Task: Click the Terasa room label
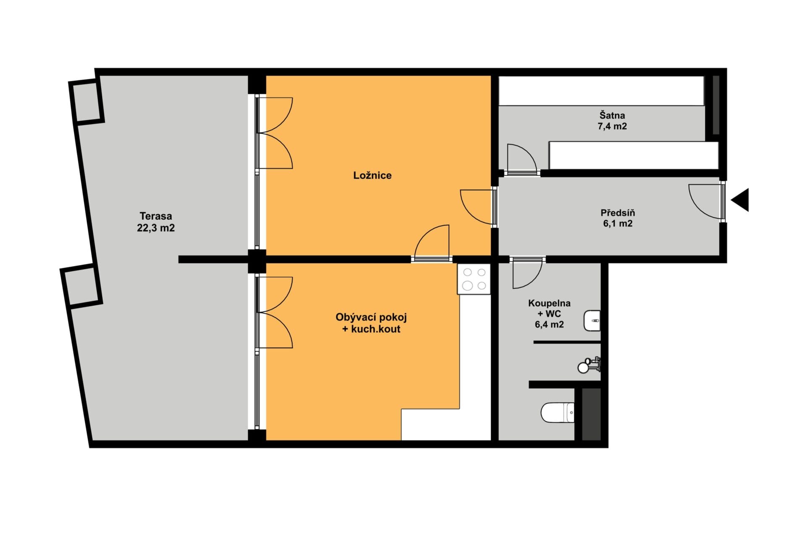156,216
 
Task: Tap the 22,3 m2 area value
156,228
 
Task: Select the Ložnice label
372,175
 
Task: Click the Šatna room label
612,115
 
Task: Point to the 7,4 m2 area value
612,126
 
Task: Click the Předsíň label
618,213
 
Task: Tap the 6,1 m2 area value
618,224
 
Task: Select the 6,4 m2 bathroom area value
549,324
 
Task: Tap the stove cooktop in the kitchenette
474,279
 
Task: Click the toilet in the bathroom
557,412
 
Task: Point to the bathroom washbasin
592,321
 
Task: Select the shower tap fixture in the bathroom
589,365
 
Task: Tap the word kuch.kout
376,329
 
